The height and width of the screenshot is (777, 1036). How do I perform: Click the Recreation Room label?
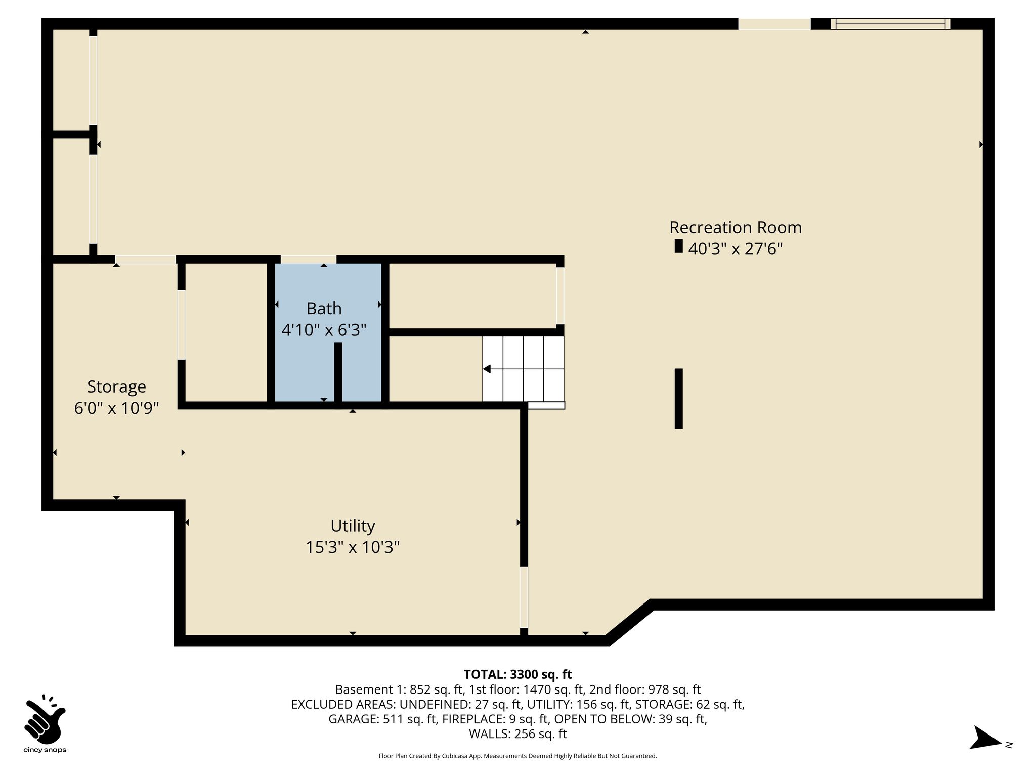pyautogui.click(x=736, y=227)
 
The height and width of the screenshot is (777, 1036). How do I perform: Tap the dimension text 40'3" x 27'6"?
pyautogui.click(x=736, y=249)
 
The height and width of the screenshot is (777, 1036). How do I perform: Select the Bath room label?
pyautogui.click(x=324, y=308)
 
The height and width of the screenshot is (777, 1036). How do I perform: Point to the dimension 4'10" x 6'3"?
pyautogui.click(x=324, y=330)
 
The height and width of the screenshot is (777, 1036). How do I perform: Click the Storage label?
pyautogui.click(x=116, y=387)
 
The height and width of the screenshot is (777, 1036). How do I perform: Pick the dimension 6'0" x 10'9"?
pyautogui.click(x=116, y=408)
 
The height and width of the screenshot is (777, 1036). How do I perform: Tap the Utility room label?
pyautogui.click(x=353, y=526)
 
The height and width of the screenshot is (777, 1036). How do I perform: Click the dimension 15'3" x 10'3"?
pyautogui.click(x=353, y=547)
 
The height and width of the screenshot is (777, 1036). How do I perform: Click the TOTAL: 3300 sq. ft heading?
pyautogui.click(x=517, y=674)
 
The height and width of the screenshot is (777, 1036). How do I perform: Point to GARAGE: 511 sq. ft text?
pyautogui.click(x=382, y=719)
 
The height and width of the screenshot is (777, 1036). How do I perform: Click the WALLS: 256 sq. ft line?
pyautogui.click(x=517, y=734)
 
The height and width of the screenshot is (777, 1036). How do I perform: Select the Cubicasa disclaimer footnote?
pyautogui.click(x=517, y=756)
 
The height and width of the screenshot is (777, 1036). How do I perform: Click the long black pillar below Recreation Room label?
pyautogui.click(x=679, y=399)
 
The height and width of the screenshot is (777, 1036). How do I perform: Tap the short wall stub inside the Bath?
pyautogui.click(x=338, y=373)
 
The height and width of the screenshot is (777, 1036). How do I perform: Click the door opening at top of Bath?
pyautogui.click(x=308, y=260)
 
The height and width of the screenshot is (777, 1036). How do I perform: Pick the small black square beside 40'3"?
pyautogui.click(x=679, y=246)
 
